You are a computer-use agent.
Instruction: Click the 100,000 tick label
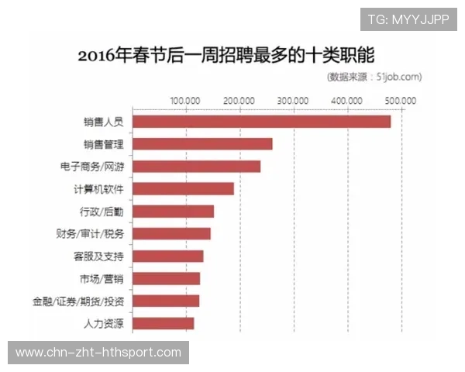click(x=185, y=101)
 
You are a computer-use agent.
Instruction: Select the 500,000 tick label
click(x=401, y=101)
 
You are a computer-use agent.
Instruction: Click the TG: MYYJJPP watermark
click(x=408, y=19)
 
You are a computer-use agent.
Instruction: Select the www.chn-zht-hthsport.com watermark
click(x=98, y=353)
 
